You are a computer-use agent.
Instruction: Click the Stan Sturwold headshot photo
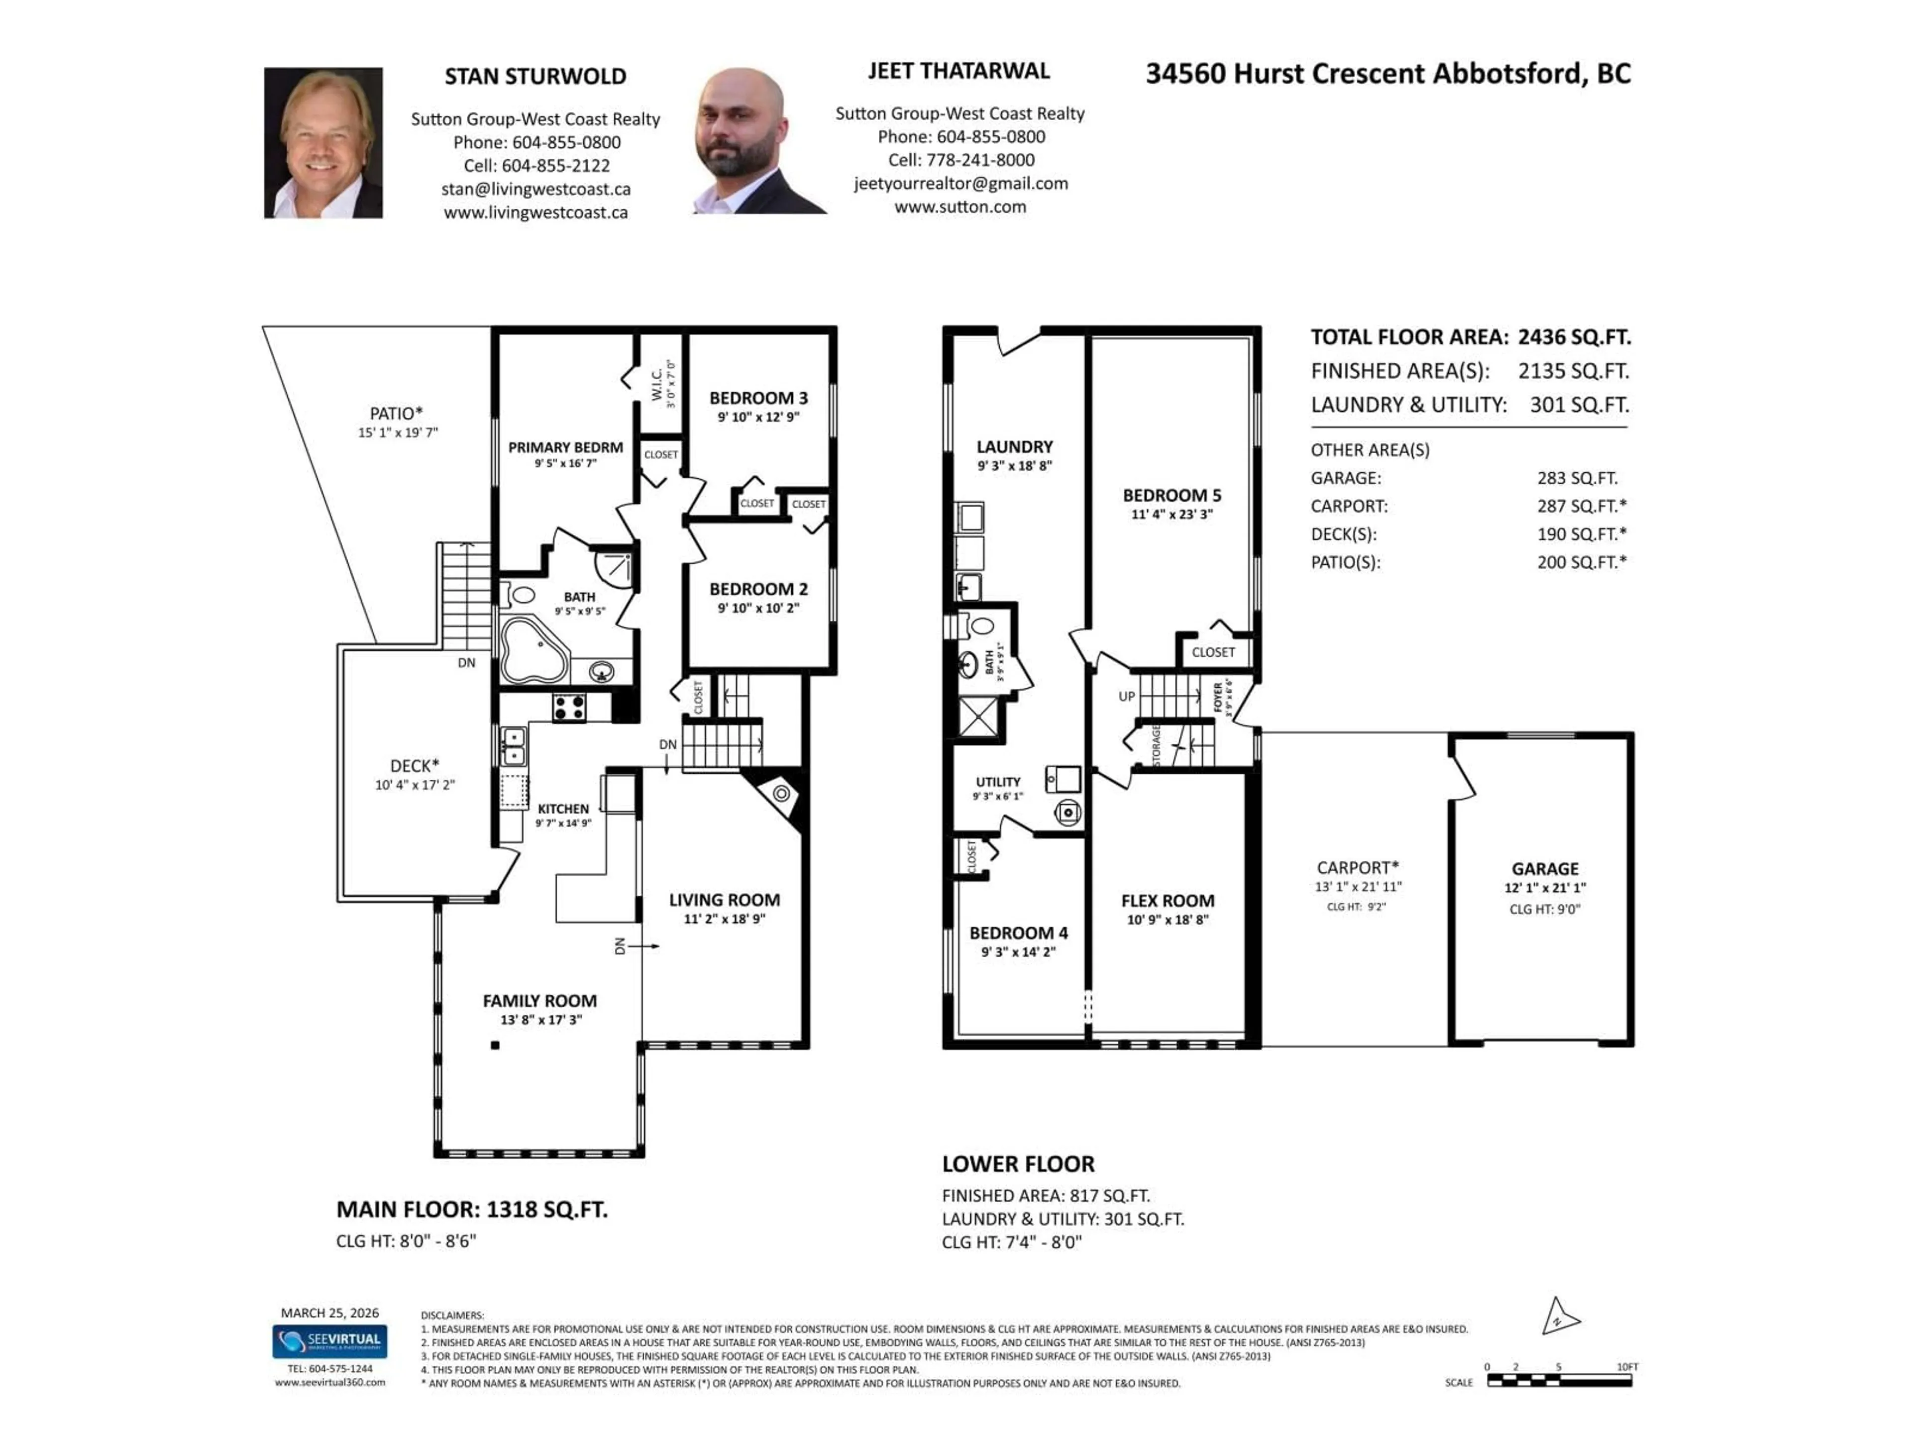pyautogui.click(x=323, y=142)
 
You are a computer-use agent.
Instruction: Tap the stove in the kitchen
pyautogui.click(x=569, y=708)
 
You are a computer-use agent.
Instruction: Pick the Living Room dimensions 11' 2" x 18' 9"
pyautogui.click(x=724, y=919)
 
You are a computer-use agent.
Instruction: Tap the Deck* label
pyautogui.click(x=415, y=766)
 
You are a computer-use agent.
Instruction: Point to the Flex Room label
pyautogui.click(x=1167, y=901)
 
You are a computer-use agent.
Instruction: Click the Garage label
pyautogui.click(x=1545, y=869)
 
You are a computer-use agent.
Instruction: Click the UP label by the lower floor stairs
pyautogui.click(x=1127, y=696)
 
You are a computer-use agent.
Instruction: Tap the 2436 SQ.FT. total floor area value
pyautogui.click(x=1574, y=338)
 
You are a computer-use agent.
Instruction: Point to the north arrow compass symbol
pyautogui.click(x=1559, y=1318)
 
